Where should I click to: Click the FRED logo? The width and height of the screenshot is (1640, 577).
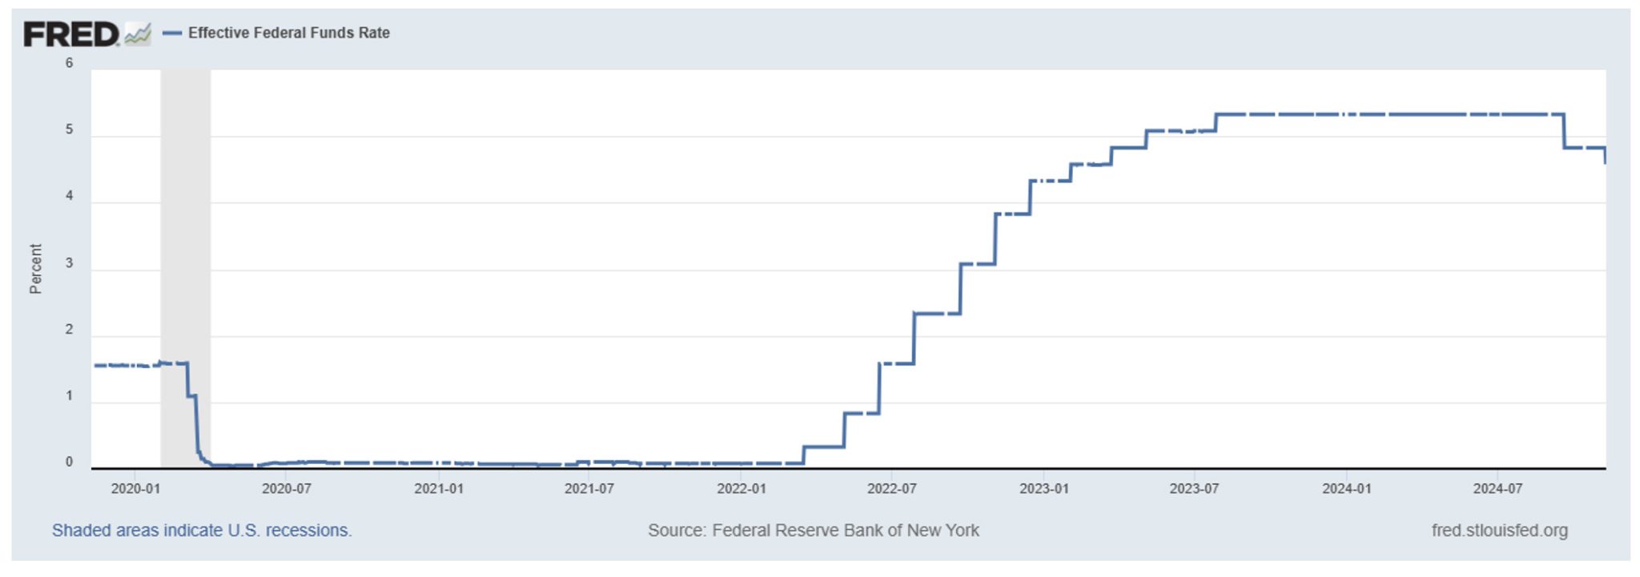tap(70, 34)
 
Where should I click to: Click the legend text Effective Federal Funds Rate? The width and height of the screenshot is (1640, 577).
tap(288, 33)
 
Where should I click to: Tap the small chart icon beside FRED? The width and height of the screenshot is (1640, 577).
tap(138, 34)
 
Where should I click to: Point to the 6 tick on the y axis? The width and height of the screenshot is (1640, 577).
tap(70, 63)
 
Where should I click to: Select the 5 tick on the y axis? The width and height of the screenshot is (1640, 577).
tap(70, 130)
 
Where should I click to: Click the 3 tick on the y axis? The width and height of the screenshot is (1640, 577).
tap(70, 263)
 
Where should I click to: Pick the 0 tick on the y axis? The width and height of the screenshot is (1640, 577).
tap(70, 462)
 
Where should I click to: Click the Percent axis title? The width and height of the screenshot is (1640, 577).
tap(35, 269)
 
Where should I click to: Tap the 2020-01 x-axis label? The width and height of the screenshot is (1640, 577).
tap(135, 489)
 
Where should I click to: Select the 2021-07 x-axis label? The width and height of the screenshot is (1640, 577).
tap(589, 489)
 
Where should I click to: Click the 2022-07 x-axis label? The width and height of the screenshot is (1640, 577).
tap(891, 489)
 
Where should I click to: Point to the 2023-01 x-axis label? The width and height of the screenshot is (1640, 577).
tap(1043, 489)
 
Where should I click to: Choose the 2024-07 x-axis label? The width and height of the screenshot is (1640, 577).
tap(1497, 489)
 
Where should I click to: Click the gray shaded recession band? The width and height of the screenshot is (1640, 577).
tap(185, 240)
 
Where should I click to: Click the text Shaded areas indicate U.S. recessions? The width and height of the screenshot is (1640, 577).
tap(202, 531)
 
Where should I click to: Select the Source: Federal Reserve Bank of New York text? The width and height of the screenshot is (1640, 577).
tap(813, 531)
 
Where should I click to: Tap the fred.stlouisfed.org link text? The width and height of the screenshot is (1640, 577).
tap(1499, 531)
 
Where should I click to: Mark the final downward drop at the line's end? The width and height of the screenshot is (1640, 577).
tap(1605, 156)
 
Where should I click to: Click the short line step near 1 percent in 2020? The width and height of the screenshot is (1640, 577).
tap(191, 395)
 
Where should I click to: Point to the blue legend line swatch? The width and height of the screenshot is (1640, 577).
tap(171, 34)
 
